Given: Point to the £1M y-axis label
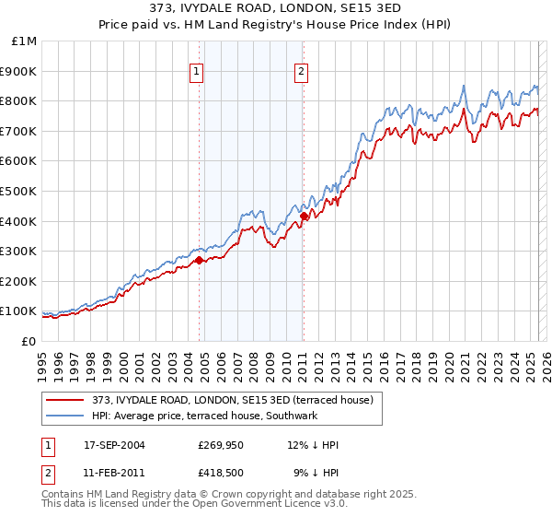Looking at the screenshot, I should click(24, 41).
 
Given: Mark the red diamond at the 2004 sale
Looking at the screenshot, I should click(199, 261).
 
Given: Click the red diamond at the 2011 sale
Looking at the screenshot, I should click(303, 216).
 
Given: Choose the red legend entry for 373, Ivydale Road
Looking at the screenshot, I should click(232, 400).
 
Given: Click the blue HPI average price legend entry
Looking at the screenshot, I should click(204, 416).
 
